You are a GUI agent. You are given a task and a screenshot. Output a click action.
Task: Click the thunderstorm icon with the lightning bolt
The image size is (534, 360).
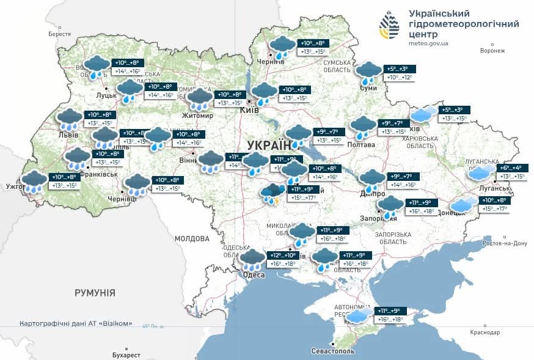pos(271,194)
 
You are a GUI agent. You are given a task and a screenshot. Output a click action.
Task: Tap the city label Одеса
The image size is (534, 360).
pos(254,275)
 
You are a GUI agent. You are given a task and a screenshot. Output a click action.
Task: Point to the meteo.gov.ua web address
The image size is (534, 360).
pos(429,43)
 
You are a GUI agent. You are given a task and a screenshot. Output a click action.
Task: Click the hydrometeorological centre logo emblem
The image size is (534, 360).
pos(391,26)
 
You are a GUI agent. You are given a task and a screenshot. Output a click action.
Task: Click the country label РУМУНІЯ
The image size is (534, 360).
pos(95,293)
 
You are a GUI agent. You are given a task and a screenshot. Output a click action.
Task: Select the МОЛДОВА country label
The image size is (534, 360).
pos(192,238)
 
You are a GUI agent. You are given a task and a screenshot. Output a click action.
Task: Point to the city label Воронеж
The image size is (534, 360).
pos(492,51)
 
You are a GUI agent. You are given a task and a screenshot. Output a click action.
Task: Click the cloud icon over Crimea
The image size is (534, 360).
pos(358,316)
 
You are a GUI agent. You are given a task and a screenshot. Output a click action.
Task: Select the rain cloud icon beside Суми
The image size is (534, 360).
pos(368,73)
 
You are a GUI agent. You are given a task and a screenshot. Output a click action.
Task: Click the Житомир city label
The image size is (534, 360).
pos(197,116)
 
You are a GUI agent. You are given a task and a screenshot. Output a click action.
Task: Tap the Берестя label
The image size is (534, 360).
pos(59,34)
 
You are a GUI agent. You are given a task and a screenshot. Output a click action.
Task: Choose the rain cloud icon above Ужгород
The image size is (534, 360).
pos(34,182)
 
